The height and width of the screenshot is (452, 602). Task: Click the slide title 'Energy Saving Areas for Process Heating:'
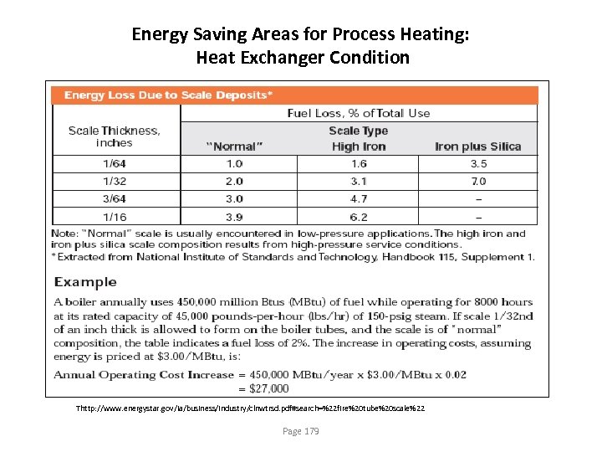[x=302, y=34]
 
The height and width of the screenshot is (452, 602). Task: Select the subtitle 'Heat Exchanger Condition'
[x=302, y=58]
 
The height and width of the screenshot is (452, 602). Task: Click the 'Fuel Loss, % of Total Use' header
[x=359, y=113]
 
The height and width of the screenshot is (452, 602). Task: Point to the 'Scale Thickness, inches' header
[x=114, y=136]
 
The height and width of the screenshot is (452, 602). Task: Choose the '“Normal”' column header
[x=235, y=146]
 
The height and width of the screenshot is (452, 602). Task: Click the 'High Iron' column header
[x=358, y=146]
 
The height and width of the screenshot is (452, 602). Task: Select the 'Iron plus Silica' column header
[x=477, y=146]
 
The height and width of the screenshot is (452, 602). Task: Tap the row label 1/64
[x=115, y=164]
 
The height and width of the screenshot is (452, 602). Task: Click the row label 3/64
[x=115, y=198]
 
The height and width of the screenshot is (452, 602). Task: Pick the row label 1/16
[x=115, y=216]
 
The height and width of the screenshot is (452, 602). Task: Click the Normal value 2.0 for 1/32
[x=235, y=181]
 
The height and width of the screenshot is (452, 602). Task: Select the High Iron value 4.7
[x=358, y=198]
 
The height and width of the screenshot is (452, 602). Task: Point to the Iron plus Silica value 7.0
[x=478, y=181]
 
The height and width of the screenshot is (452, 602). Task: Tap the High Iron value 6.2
[x=358, y=216]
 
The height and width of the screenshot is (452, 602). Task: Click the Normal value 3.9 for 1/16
[x=235, y=216]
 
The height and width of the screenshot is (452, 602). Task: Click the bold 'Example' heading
[x=85, y=282]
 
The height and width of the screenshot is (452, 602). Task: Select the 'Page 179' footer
[x=301, y=431]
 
